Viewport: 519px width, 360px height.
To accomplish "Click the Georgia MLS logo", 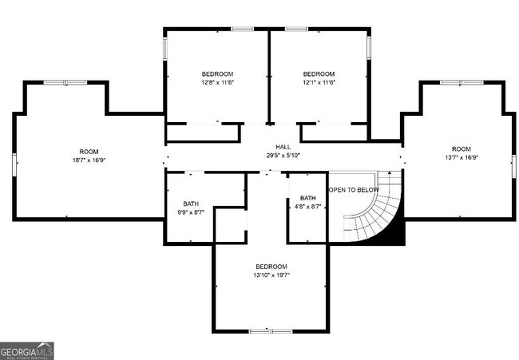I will pyautogui.click(x=27, y=350).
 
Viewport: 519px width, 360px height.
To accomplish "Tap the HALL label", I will pyautogui.click(x=283, y=147).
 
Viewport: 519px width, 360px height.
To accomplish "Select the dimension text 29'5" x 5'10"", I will pyautogui.click(x=283, y=156).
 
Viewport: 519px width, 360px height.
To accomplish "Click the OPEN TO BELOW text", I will pyautogui.click(x=353, y=190).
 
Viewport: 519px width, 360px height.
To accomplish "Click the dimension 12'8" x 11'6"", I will pyautogui.click(x=217, y=82).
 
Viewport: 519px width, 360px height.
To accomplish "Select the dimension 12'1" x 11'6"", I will pyautogui.click(x=319, y=82).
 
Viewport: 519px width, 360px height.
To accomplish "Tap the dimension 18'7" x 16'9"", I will pyautogui.click(x=89, y=160).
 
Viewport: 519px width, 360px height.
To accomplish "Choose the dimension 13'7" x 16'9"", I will pyautogui.click(x=462, y=157).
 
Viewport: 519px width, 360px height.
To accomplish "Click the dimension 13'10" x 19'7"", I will pyautogui.click(x=271, y=275).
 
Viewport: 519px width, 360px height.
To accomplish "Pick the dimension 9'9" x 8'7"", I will pyautogui.click(x=191, y=212).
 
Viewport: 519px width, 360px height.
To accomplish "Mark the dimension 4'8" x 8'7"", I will pyautogui.click(x=307, y=207).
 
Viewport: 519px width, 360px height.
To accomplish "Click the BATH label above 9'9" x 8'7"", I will pyautogui.click(x=191, y=204).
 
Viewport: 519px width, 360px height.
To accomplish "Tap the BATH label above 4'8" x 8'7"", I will pyautogui.click(x=307, y=198).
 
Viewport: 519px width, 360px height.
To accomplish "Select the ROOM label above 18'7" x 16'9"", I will pyautogui.click(x=89, y=151).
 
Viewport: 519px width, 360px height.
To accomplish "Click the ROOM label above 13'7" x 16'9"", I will pyautogui.click(x=462, y=148).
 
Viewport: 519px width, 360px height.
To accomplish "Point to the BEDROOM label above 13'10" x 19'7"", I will pyautogui.click(x=271, y=266).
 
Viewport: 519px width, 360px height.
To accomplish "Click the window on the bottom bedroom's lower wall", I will pyautogui.click(x=271, y=330).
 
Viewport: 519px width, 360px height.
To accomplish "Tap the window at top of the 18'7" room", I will pyautogui.click(x=65, y=82).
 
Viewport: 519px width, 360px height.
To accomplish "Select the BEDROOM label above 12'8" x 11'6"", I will pyautogui.click(x=217, y=73).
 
